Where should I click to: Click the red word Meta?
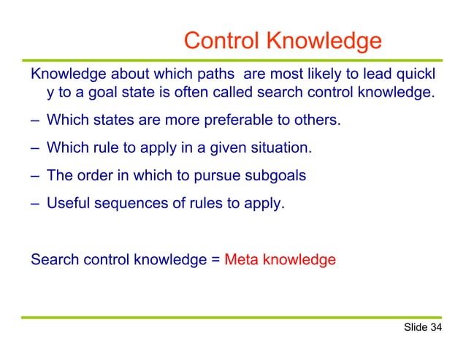[241, 258]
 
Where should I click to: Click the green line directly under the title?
[233, 58]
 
